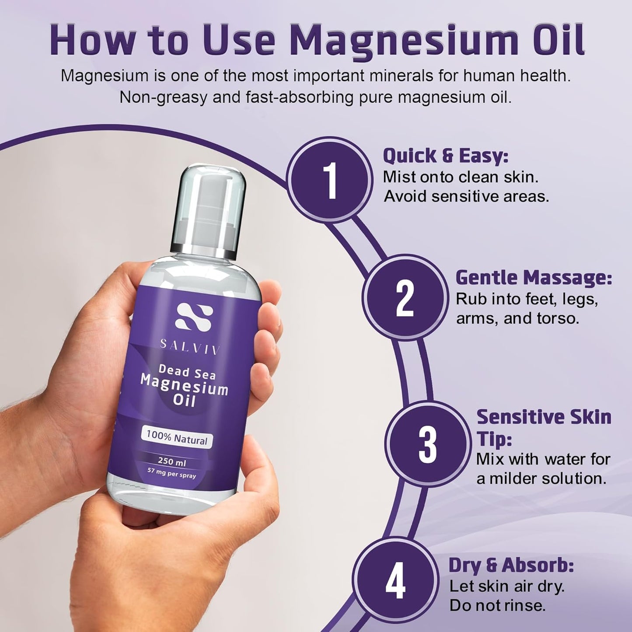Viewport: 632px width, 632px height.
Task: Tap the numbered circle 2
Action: pos(405,299)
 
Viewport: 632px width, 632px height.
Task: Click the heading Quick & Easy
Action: pos(445,156)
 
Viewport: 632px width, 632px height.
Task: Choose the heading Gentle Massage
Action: pos(533,277)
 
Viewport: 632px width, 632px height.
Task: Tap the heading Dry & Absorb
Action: pos(511,565)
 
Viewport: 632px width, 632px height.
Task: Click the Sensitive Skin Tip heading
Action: pos(543,427)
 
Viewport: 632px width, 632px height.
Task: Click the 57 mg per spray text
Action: pos(171,473)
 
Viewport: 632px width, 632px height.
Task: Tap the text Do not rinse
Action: pos(497,605)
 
